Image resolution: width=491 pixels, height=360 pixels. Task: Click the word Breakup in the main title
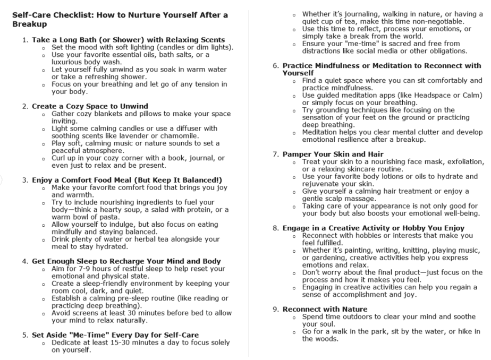(x=29, y=24)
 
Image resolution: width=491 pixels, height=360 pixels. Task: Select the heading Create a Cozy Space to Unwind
(x=90, y=106)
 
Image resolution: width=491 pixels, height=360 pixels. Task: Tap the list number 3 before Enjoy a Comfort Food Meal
(x=25, y=180)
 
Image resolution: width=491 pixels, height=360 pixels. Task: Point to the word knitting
(x=418, y=250)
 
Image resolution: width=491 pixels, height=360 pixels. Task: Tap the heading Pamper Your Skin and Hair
(x=333, y=155)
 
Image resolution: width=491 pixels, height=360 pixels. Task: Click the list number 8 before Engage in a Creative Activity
(x=276, y=228)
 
